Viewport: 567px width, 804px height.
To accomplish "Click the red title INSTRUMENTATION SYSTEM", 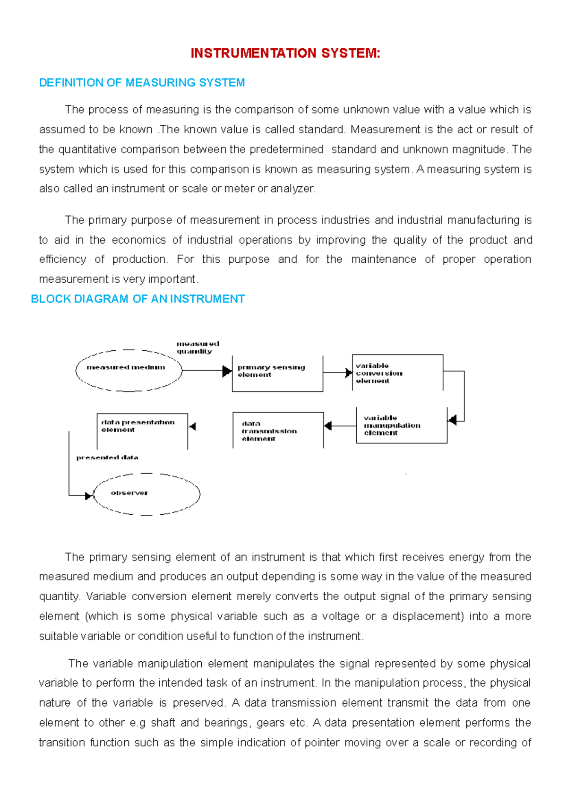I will [285, 53].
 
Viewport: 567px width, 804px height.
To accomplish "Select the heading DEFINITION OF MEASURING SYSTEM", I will [142, 83].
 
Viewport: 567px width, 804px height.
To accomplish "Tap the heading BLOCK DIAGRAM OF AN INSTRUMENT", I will [137, 299].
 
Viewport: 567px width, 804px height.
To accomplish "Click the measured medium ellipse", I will [129, 371].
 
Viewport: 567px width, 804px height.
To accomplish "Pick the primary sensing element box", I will [277, 373].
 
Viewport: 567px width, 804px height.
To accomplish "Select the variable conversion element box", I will [397, 373].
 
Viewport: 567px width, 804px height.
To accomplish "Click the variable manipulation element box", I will [402, 425].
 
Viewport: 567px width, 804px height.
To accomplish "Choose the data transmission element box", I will [278, 430].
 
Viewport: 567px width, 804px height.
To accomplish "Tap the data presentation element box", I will [142, 431].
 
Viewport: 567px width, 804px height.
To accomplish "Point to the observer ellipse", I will [146, 494].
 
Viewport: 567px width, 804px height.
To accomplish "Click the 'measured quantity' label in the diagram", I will [198, 347].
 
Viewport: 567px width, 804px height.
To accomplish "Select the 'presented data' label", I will [107, 458].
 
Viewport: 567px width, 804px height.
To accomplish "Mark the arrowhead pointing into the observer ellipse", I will [88, 496].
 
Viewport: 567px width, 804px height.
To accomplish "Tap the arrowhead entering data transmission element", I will [328, 426].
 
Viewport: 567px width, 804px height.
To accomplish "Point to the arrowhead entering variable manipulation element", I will [452, 420].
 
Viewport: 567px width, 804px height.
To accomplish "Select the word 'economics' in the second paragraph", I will [138, 240].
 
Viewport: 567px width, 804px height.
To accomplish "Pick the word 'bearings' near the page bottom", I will [230, 723].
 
